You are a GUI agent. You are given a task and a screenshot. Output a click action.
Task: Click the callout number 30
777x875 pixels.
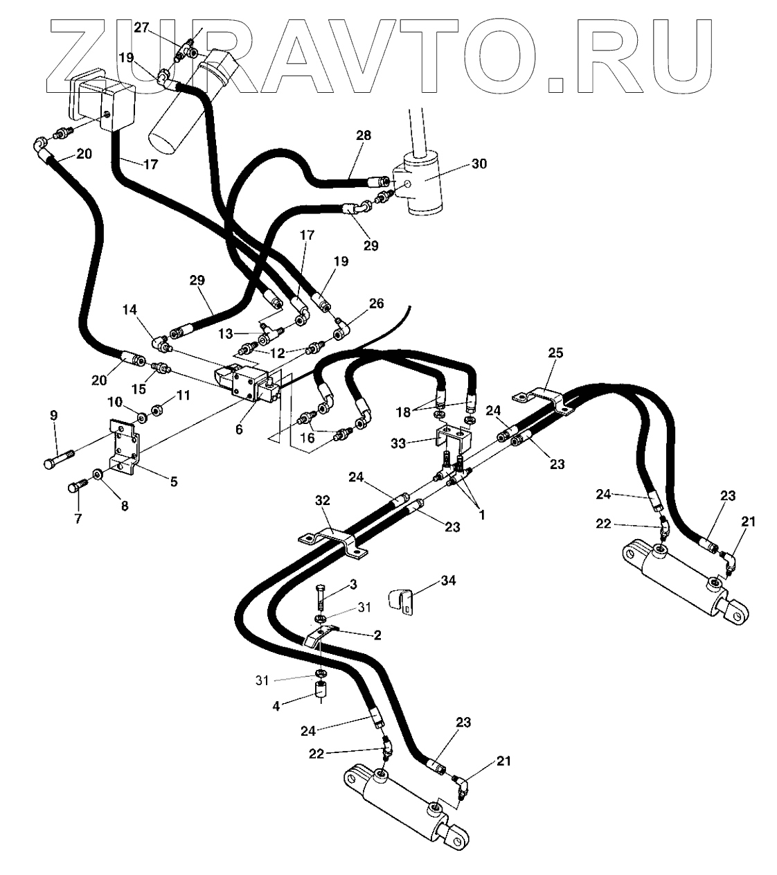pyautogui.click(x=479, y=164)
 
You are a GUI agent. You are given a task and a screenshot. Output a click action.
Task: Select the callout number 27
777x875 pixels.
pyautogui.click(x=141, y=28)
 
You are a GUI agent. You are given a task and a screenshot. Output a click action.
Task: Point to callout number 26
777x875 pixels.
pyautogui.click(x=376, y=304)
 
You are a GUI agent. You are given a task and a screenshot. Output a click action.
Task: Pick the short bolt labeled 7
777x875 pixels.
pyautogui.click(x=75, y=488)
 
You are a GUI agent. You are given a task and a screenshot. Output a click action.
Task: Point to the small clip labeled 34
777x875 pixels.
pyautogui.click(x=402, y=601)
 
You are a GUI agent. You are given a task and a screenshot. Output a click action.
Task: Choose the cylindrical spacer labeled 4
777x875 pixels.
pyautogui.click(x=321, y=691)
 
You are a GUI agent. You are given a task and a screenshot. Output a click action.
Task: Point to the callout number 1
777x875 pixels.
pyautogui.click(x=481, y=515)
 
